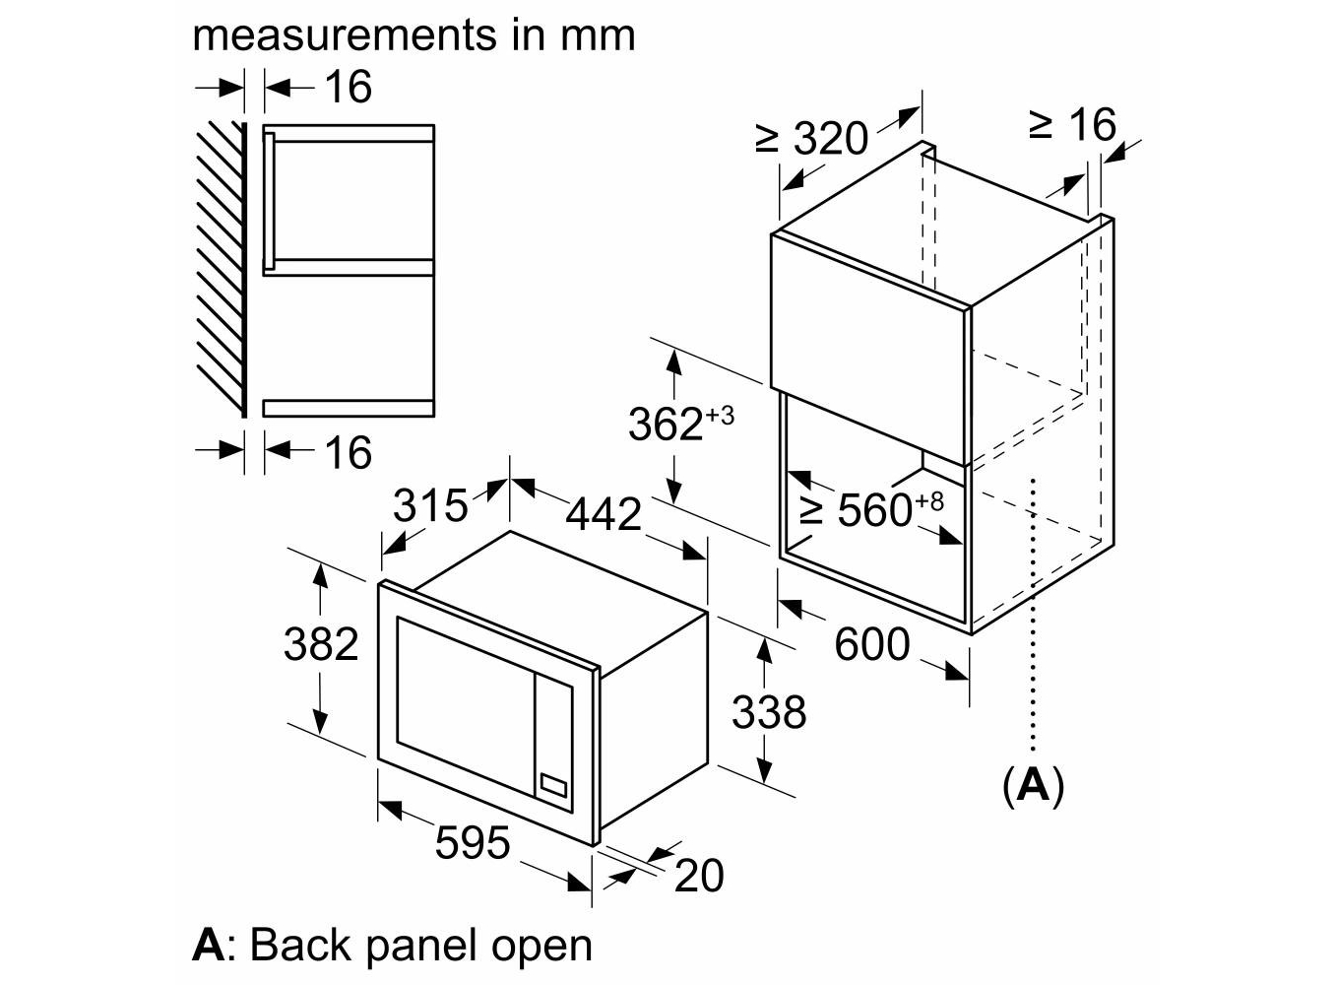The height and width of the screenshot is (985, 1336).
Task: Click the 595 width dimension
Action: coord(473,843)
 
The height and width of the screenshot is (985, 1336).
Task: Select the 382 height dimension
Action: coord(321,644)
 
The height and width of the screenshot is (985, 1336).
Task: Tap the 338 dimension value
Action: coord(769,711)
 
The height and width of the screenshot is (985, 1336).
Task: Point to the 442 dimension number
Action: coord(604,514)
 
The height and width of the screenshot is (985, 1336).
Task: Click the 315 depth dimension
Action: coord(430,506)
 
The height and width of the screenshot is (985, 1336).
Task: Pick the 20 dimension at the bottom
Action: coord(699,875)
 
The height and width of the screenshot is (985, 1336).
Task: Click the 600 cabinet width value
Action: coord(872,644)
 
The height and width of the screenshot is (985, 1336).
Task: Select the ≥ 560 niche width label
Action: coord(870,509)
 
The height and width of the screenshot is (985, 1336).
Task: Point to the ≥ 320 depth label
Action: coord(812,139)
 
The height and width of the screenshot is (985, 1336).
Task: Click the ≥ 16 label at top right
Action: coord(1072,125)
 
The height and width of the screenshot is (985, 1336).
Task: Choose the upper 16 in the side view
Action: coord(348,87)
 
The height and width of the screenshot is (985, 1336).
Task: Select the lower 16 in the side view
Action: coord(348,453)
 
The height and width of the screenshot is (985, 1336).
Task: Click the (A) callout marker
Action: coord(1033,785)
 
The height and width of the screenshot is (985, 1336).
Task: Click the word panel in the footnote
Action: coord(420,945)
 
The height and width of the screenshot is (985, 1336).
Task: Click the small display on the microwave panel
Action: coord(553,785)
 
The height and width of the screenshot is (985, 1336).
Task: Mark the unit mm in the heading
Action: coord(598,35)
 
